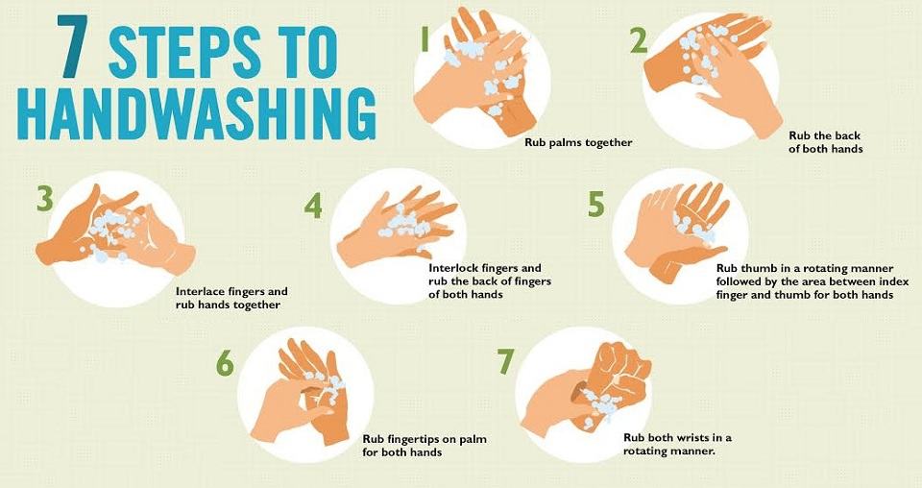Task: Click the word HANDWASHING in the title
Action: click(197, 114)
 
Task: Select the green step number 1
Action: click(424, 41)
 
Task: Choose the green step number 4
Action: click(313, 206)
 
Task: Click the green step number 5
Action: click(595, 204)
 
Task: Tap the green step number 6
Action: click(225, 363)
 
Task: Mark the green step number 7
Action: click(506, 361)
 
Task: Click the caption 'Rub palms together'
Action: click(578, 142)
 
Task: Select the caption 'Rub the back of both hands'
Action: click(826, 142)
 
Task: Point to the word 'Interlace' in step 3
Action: click(198, 291)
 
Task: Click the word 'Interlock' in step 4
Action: click(451, 267)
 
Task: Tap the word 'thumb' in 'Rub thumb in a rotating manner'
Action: click(756, 268)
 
